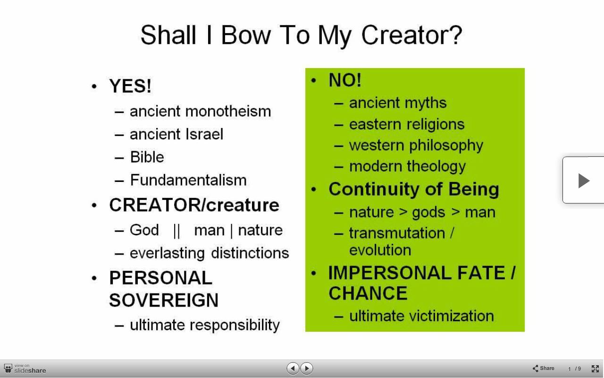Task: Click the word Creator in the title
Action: (411, 35)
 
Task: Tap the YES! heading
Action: (130, 86)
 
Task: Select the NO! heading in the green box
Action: (345, 80)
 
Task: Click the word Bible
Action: (147, 157)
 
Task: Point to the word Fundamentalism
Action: (188, 180)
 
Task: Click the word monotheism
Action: (228, 111)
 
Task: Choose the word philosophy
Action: (446, 146)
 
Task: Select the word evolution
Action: (380, 250)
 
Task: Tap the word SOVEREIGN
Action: (164, 300)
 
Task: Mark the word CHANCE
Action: (368, 293)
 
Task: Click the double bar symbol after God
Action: (176, 231)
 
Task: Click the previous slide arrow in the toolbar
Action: (293, 368)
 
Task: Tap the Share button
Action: (543, 368)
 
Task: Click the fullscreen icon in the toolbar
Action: (595, 369)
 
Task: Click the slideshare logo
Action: (25, 369)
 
